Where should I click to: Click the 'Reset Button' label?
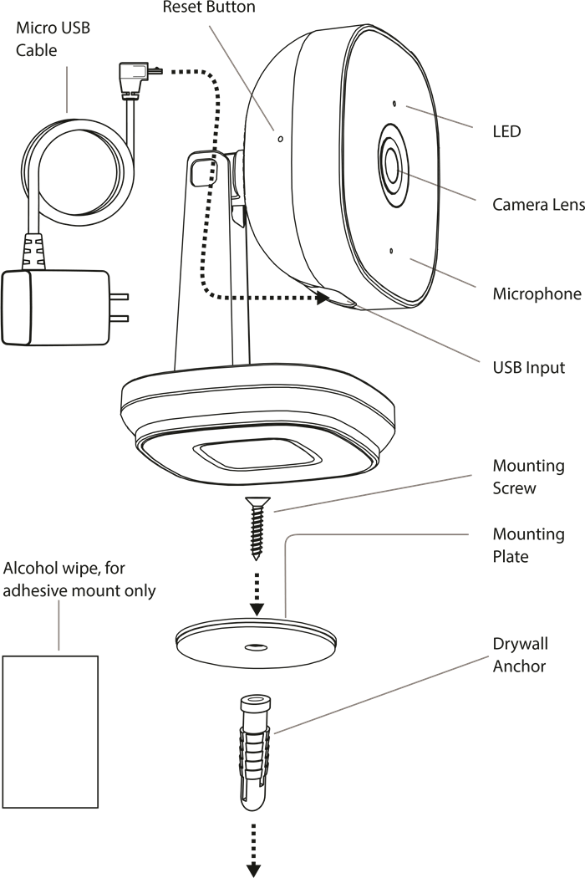click(208, 8)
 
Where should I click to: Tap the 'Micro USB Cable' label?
click(53, 39)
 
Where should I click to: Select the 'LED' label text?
click(506, 131)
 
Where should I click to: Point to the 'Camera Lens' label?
click(537, 205)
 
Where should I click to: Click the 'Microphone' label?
click(536, 294)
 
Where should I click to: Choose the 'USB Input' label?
click(528, 368)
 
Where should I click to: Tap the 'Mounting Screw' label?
click(527, 477)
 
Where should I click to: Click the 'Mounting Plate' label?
click(527, 545)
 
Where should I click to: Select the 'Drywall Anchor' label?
click(519, 655)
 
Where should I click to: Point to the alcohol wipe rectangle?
click(51, 732)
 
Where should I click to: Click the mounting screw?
click(257, 528)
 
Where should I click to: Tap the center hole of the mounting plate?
click(256, 646)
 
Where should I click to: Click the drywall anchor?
click(254, 753)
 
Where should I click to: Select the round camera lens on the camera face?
click(391, 162)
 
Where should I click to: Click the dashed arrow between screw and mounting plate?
click(257, 592)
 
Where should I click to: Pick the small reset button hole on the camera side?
click(280, 139)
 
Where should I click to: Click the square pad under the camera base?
click(258, 457)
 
